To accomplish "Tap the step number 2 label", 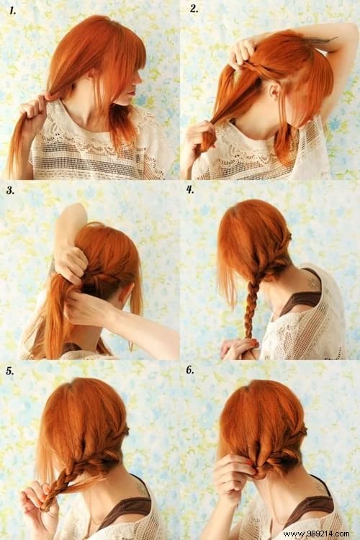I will pyautogui.click(x=194, y=9).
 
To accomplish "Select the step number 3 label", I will pyautogui.click(x=10, y=191).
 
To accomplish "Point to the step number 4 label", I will pyautogui.click(x=190, y=191).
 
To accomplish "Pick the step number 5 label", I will pyautogui.click(x=10, y=372).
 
